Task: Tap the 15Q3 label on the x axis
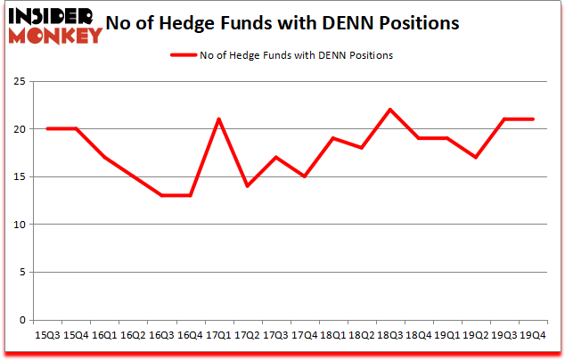[46, 335]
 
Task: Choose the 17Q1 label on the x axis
[218, 335]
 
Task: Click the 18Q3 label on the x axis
[390, 335]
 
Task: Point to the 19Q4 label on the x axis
[533, 335]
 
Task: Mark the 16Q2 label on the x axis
[132, 335]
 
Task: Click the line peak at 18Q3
[390, 110]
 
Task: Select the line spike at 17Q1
[218, 119]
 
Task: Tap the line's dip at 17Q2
[247, 185]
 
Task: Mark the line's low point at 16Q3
[161, 195]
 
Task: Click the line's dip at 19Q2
[476, 157]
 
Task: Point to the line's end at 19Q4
[533, 119]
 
